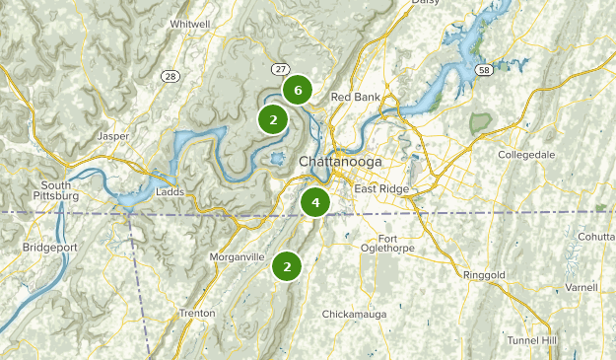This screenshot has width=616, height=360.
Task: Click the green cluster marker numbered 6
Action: pyautogui.click(x=297, y=89)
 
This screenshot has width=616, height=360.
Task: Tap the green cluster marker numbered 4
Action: pyautogui.click(x=315, y=202)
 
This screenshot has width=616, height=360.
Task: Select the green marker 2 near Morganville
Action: pyautogui.click(x=287, y=265)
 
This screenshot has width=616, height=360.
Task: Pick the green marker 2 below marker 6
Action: pyautogui.click(x=273, y=120)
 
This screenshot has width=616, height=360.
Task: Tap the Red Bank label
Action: pyautogui.click(x=355, y=97)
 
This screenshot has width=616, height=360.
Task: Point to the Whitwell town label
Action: pyautogui.click(x=189, y=24)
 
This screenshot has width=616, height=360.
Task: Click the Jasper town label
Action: pyautogui.click(x=114, y=136)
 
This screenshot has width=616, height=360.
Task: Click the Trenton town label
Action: pyautogui.click(x=197, y=313)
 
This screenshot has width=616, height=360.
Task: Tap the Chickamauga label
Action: pyautogui.click(x=355, y=314)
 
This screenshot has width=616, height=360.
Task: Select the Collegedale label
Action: pyautogui.click(x=526, y=156)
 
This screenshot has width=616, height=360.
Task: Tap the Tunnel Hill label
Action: pyautogui.click(x=531, y=340)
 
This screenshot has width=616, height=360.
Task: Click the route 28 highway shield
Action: pyautogui.click(x=171, y=76)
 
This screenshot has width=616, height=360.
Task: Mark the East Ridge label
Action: pyautogui.click(x=381, y=189)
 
